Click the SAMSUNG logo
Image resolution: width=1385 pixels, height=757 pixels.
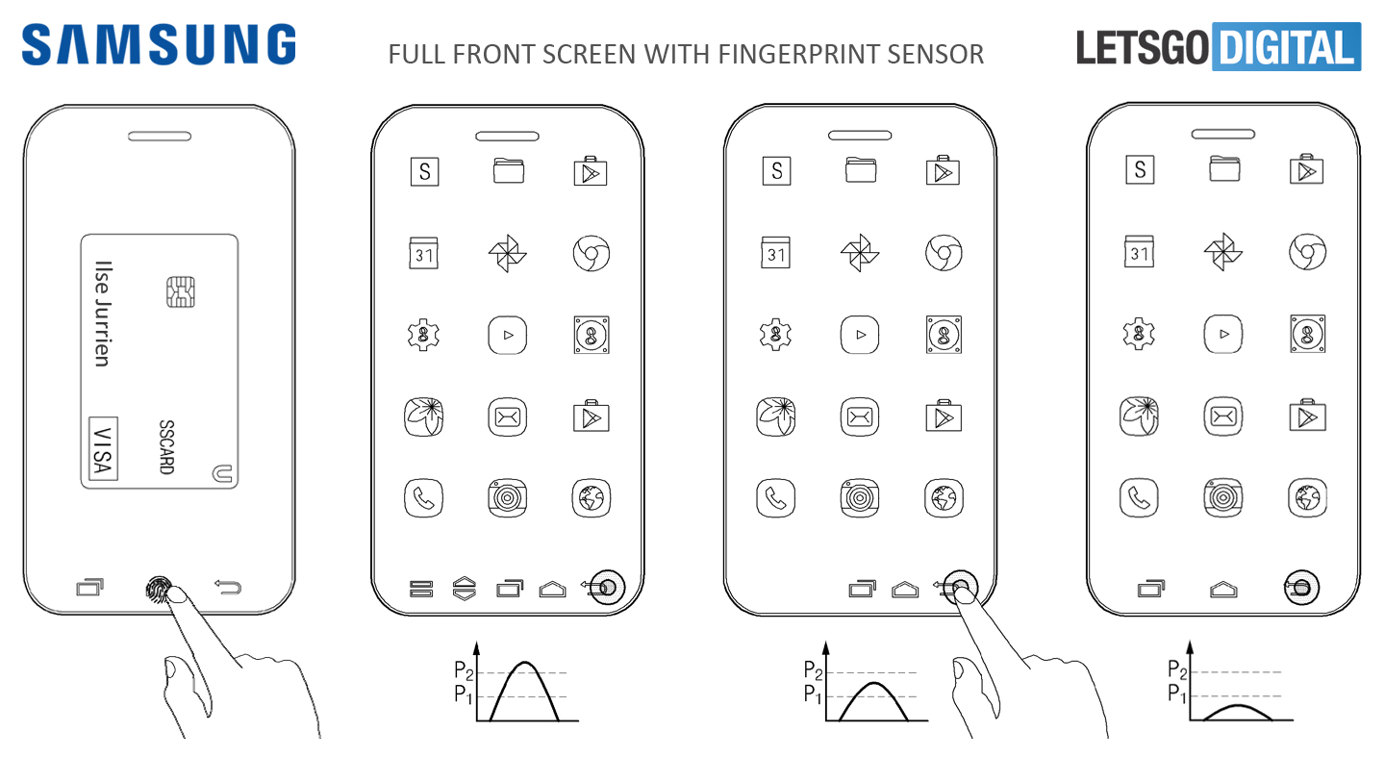click(159, 44)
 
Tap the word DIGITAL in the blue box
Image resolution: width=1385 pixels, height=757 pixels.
click(1286, 47)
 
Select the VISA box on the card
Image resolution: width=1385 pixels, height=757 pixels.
click(103, 448)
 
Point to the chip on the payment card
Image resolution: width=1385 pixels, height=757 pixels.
click(181, 291)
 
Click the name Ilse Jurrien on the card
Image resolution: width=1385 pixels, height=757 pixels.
click(103, 314)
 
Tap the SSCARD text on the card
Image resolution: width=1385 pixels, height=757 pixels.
click(166, 446)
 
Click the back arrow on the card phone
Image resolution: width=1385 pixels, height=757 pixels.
click(228, 587)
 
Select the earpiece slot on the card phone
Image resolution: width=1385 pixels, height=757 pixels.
click(160, 136)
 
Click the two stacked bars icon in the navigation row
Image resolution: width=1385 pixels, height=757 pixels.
click(421, 589)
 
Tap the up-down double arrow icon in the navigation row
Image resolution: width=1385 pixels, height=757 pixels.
click(465, 588)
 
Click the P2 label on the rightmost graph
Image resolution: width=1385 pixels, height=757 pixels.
click(1177, 669)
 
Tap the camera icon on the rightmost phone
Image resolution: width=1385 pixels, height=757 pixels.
click(1223, 497)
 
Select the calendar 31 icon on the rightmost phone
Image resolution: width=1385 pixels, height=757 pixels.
click(1139, 251)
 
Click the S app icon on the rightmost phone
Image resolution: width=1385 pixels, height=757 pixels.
click(1140, 169)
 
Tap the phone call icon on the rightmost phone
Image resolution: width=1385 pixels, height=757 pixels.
click(1139, 497)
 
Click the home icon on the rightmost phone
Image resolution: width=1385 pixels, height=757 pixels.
click(1223, 589)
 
